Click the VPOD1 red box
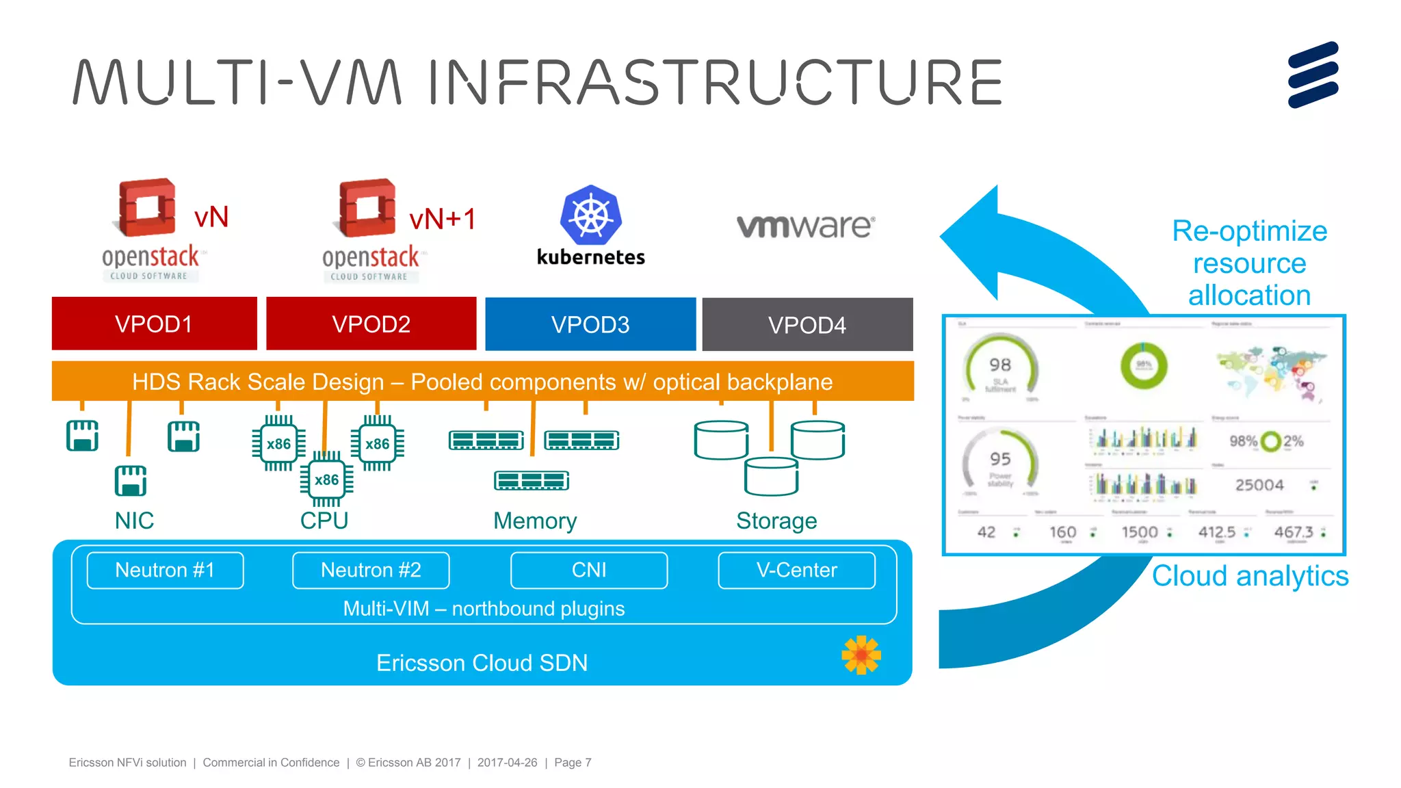[154, 324]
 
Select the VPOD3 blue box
[590, 324]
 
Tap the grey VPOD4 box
[807, 325]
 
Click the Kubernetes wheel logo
[591, 215]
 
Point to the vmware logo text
[805, 226]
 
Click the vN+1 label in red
[442, 220]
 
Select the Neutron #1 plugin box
[165, 570]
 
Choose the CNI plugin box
[589, 570]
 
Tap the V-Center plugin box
[796, 570]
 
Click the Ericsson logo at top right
[1313, 75]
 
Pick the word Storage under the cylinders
[776, 521]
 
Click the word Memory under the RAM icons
[535, 521]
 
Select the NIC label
[134, 521]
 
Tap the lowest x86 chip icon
[327, 480]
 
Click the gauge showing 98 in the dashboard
[1000, 369]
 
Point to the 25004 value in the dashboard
[1259, 485]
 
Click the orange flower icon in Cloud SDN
[861, 655]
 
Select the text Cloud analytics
[1250, 576]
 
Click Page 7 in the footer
[573, 762]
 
